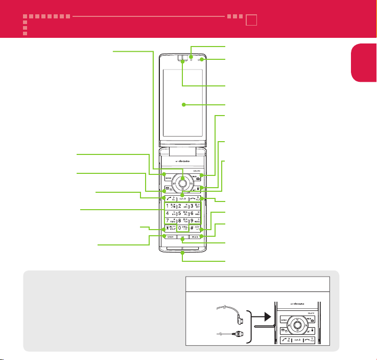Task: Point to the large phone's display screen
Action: [182, 105]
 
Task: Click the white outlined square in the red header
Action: [250, 21]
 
